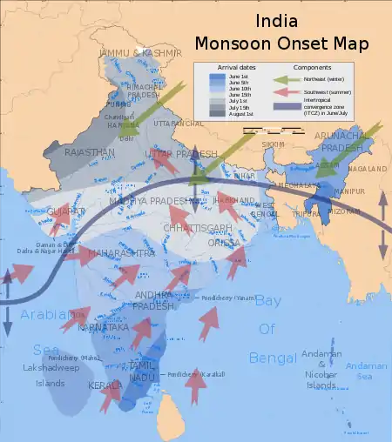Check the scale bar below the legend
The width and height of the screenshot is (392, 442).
click(x=260, y=131)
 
